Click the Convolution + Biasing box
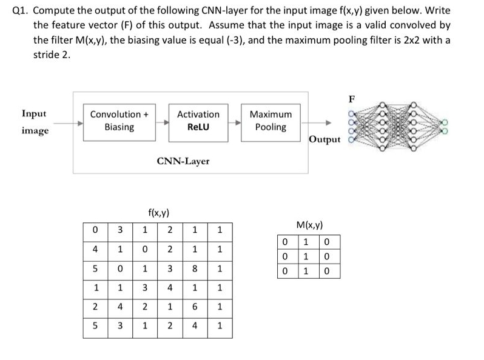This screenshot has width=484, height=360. pyautogui.click(x=119, y=121)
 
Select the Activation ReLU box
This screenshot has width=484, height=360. pyautogui.click(x=198, y=121)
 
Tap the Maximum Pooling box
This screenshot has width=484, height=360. pyautogui.click(x=271, y=121)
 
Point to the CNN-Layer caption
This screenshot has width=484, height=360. pyautogui.click(x=183, y=161)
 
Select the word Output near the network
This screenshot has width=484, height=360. pyautogui.click(x=324, y=139)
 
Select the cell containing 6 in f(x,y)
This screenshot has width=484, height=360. pyautogui.click(x=195, y=307)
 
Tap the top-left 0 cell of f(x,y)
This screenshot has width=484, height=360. pyautogui.click(x=95, y=230)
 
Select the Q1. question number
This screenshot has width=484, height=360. pyautogui.click(x=22, y=10)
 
